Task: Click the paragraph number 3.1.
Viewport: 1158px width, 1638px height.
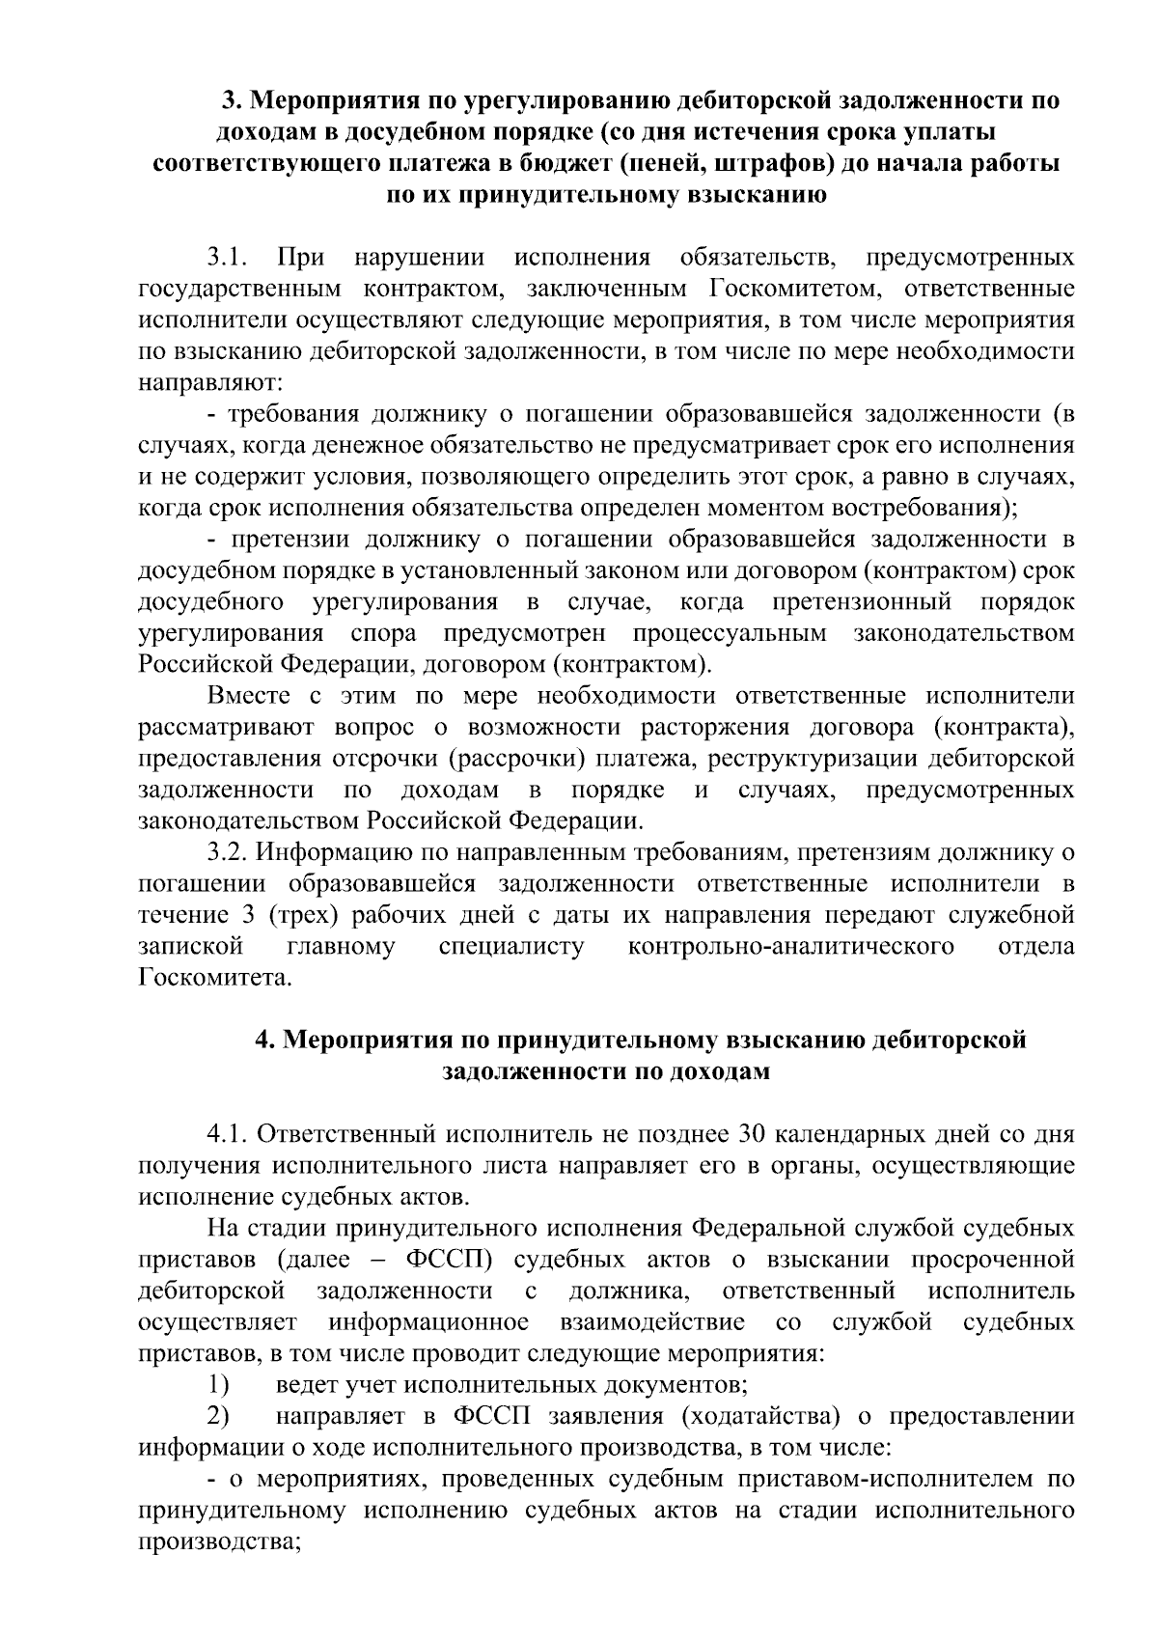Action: point(228,258)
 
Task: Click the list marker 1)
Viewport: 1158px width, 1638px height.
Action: point(218,1385)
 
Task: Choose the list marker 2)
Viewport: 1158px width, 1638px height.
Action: point(218,1416)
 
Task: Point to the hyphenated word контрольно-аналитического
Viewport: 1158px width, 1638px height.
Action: point(790,946)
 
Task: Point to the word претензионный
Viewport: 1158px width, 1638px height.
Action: point(862,602)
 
